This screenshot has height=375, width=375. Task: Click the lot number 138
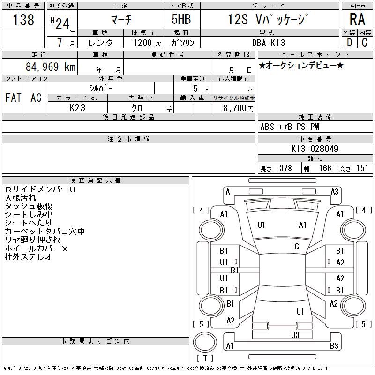[23, 20]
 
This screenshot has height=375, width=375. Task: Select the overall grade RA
[357, 19]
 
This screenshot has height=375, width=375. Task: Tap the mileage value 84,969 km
[51, 67]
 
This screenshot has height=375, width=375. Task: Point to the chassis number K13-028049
[315, 149]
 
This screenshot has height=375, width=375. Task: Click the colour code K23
[77, 108]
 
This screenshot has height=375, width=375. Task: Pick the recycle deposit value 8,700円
[238, 108]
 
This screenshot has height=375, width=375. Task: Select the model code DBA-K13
[269, 43]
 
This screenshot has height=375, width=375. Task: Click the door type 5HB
[181, 19]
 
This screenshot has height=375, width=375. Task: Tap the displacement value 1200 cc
[147, 43]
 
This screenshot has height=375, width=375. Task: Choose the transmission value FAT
[13, 97]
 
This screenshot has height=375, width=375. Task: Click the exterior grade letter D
[349, 43]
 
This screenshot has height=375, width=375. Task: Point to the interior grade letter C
[365, 43]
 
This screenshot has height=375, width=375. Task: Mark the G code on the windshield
[297, 247]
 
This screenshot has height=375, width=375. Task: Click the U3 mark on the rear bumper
[295, 335]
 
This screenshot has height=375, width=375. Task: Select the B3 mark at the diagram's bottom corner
[334, 346]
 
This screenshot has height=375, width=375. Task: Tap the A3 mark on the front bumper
[335, 192]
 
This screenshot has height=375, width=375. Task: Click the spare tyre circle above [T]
[205, 342]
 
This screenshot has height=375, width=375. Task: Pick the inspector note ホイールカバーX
[37, 248]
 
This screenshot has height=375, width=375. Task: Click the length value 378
[285, 168]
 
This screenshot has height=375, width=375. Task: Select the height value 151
[362, 168]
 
